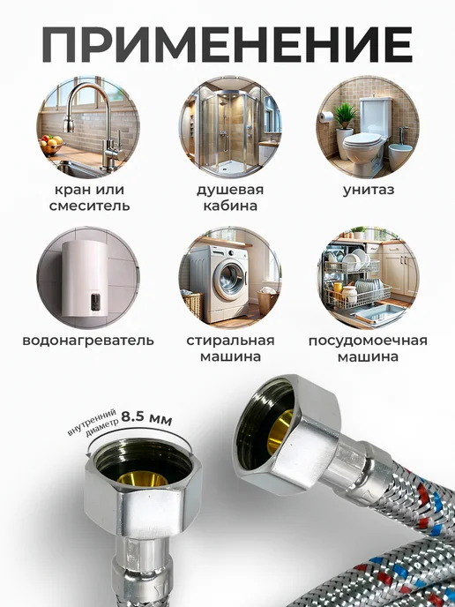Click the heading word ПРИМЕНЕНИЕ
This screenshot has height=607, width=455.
coord(227,44)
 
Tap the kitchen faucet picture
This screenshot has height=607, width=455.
coord(88,127)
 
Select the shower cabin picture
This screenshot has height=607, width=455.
coord(230,127)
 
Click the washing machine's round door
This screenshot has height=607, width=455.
coord(230,281)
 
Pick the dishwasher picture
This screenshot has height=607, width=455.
coord(368,278)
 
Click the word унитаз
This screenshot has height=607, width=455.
coord(369,190)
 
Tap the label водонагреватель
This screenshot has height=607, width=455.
coord(88,341)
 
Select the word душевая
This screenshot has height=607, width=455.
coord(230,190)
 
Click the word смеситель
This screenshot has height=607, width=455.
coord(89,206)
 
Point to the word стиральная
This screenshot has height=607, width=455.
coord(231,341)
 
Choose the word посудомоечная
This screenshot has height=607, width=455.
coord(368,341)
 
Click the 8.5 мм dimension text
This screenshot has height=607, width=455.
coord(146,418)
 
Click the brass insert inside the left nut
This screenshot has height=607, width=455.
coord(143,478)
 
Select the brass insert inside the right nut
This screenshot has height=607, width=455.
coord(280,431)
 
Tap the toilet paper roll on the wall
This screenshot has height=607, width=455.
coord(327,116)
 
